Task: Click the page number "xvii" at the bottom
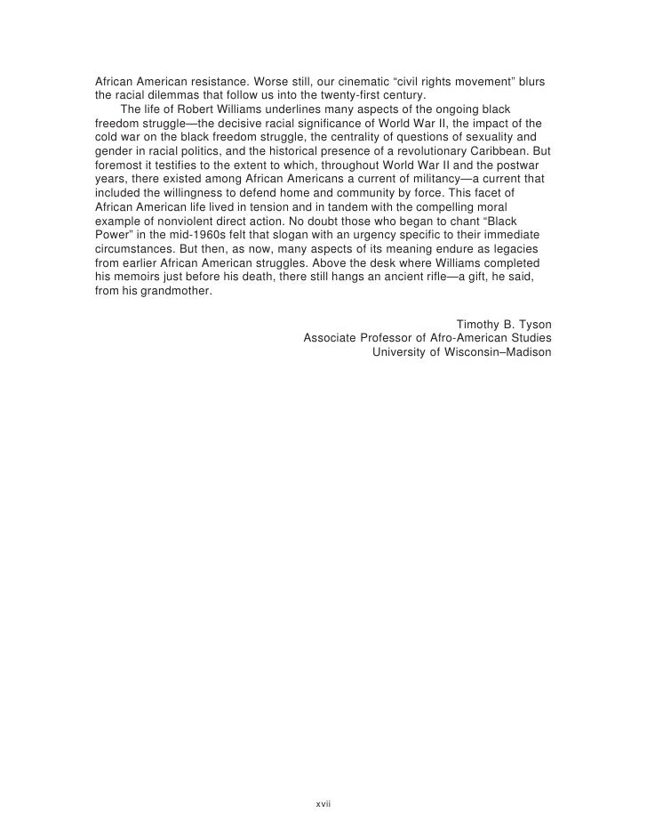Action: (323, 803)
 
